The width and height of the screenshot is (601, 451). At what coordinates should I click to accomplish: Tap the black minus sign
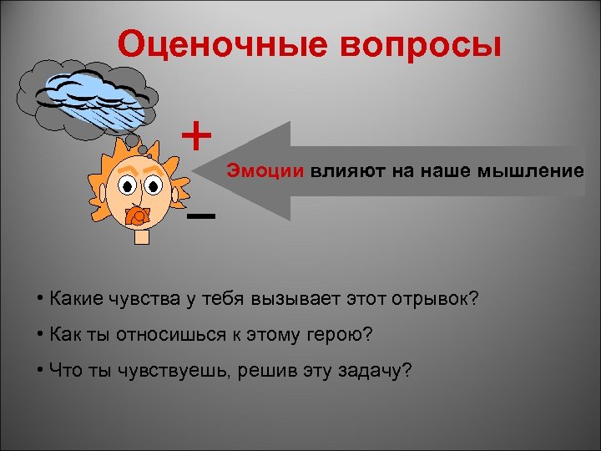coord(201,215)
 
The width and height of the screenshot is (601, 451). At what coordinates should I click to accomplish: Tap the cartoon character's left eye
coord(127,185)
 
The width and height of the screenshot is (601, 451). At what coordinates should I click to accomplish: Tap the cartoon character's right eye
coord(153,185)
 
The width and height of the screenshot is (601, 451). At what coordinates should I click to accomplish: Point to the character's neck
coord(142,236)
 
